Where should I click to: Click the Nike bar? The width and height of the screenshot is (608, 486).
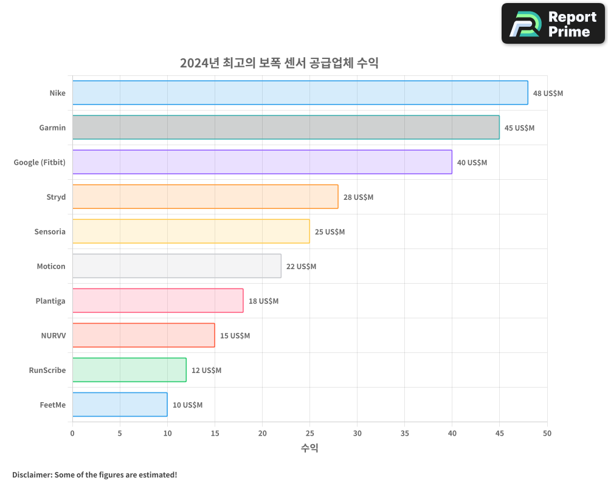click(300, 93)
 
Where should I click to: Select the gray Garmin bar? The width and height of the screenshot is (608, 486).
click(286, 128)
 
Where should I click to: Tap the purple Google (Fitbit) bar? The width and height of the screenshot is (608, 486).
click(262, 162)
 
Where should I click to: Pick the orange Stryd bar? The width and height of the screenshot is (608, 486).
click(205, 197)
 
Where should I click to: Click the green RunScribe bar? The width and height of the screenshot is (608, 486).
click(129, 370)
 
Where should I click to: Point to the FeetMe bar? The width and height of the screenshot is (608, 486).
click(120, 405)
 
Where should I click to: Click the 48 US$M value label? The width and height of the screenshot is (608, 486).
click(548, 94)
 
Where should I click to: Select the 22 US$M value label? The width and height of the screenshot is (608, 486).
click(301, 267)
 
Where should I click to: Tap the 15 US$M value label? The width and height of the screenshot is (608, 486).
click(235, 336)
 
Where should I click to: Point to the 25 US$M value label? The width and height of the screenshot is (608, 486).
click(330, 232)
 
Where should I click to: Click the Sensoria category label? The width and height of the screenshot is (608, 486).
click(50, 231)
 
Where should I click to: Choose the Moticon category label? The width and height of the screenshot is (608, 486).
click(51, 266)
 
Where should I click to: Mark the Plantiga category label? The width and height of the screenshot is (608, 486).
click(50, 301)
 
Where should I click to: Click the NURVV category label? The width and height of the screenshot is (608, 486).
click(53, 335)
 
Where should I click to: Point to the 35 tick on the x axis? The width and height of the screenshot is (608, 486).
click(404, 433)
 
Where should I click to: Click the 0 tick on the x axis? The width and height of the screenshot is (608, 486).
click(72, 433)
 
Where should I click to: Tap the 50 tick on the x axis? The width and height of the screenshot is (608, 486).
click(547, 433)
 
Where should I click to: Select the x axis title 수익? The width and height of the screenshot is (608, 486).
click(309, 448)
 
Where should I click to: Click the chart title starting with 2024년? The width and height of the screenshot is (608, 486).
click(279, 63)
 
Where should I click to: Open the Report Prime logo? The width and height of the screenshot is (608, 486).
click(553, 24)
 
